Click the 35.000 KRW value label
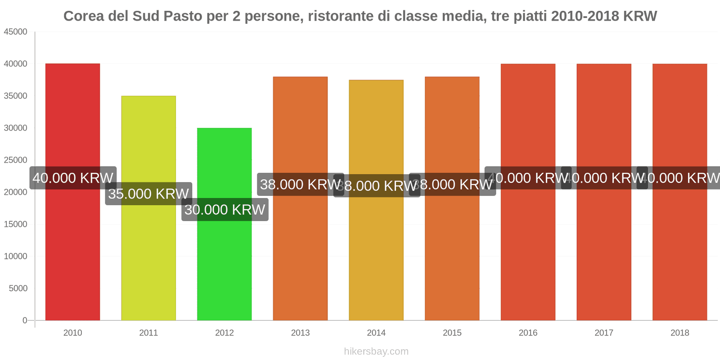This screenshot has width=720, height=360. tap(148, 194)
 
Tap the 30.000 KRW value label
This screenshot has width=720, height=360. tap(225, 210)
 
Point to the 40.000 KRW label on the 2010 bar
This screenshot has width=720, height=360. tap(73, 178)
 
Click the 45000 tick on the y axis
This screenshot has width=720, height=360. tap(16, 32)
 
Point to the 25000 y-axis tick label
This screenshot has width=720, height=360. tap(16, 160)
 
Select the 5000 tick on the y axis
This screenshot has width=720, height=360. tap(18, 288)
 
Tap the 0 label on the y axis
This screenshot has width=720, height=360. tap(25, 320)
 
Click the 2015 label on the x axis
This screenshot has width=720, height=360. tap(452, 333)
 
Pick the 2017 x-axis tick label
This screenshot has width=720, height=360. tap(603, 333)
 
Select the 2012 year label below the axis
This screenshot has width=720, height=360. tap(224, 333)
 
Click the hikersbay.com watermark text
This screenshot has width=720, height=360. tap(376, 351)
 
